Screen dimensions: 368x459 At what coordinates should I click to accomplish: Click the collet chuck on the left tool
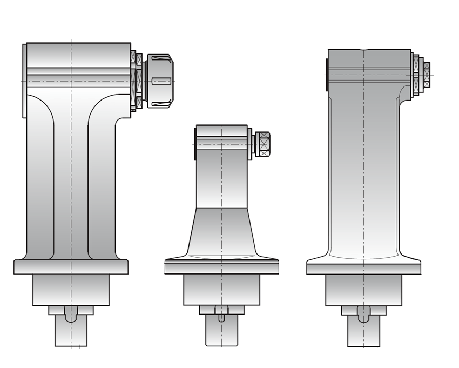coord(160,81)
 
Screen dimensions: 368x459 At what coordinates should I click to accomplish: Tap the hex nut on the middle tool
coord(264,144)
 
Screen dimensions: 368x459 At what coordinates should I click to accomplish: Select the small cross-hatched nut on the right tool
coord(427,74)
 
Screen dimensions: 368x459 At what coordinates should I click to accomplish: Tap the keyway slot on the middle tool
coord(221,314)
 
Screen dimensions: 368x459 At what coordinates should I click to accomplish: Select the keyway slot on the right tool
coord(363,314)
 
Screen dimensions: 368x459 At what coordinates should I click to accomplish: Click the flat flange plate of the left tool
coord(71,267)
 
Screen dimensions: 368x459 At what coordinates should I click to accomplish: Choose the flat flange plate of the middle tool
coord(221,266)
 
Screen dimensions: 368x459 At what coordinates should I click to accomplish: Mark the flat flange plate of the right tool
coord(363,267)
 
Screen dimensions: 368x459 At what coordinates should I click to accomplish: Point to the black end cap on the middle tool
coord(194,144)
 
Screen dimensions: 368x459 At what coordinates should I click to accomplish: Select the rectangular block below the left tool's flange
coord(71,290)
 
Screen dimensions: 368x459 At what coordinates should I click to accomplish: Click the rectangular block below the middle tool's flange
coord(221,290)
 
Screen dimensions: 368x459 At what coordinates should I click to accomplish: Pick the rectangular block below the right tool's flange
coord(363,290)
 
